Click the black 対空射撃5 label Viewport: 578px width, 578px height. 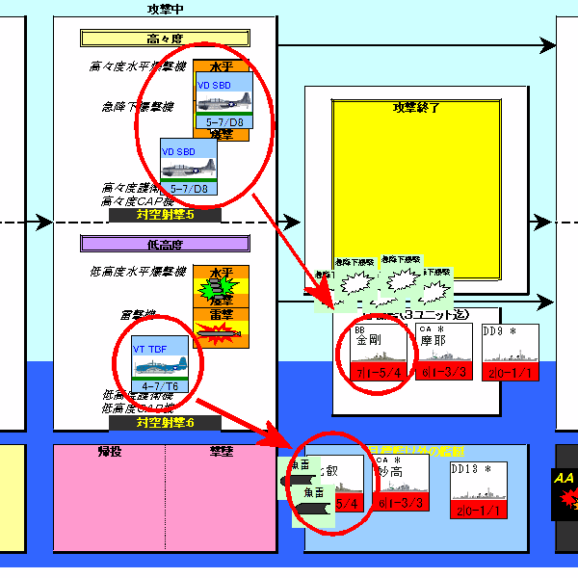coord(165,216)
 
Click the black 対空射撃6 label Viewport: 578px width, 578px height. coord(165,423)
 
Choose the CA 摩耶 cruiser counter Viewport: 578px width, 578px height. coord(443,352)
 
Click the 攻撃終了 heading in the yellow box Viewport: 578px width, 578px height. coord(416,107)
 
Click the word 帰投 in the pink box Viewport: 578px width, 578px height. coord(109,450)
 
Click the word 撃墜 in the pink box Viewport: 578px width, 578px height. coord(222,450)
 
